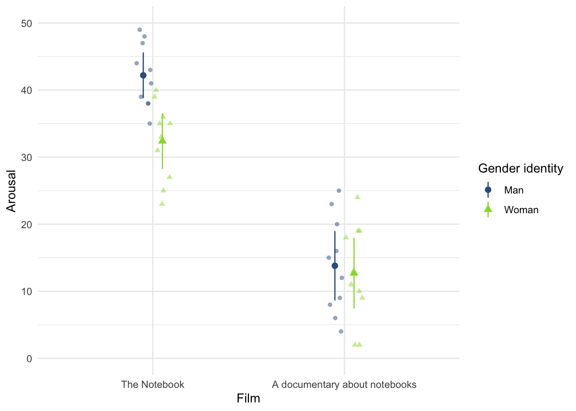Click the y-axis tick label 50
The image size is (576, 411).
click(27, 23)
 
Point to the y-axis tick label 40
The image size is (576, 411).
click(27, 90)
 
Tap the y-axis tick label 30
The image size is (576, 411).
click(27, 157)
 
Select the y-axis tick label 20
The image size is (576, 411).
click(27, 224)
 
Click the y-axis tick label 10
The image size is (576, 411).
click(27, 292)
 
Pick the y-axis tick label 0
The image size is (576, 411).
click(29, 358)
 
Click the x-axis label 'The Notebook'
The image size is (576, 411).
click(153, 384)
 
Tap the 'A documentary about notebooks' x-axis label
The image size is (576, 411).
click(344, 384)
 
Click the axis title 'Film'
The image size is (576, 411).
click(248, 399)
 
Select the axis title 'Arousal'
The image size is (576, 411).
click(12, 191)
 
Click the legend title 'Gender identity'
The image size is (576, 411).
click(520, 169)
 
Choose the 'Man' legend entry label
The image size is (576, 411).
click(514, 190)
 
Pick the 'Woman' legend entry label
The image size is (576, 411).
click(521, 210)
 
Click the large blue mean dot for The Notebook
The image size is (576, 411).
click(143, 75)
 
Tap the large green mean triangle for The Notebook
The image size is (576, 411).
click(162, 140)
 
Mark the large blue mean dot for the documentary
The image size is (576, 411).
click(335, 266)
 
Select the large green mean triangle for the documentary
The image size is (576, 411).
click(354, 272)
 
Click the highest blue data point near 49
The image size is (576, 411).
click(139, 30)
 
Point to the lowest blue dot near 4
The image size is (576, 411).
click(341, 331)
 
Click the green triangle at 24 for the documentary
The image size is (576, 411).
click(357, 197)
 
